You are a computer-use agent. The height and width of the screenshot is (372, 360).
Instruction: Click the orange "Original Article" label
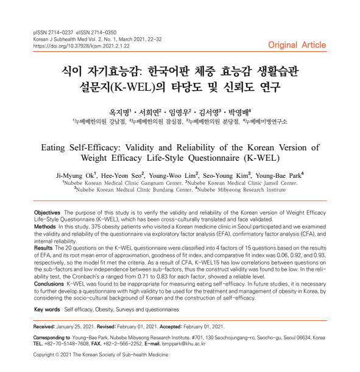[x=297, y=45]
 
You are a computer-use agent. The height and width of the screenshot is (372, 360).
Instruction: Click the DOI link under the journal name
[x=74, y=46]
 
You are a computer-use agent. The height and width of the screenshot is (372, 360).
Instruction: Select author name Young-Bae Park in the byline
[x=276, y=175]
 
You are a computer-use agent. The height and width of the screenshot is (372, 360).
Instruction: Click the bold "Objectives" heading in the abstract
[x=46, y=211]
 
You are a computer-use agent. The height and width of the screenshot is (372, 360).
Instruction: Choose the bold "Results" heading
[x=43, y=248]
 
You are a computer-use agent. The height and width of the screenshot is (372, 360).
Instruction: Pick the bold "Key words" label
[x=47, y=309]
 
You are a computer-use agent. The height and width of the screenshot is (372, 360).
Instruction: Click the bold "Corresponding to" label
[x=52, y=337]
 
